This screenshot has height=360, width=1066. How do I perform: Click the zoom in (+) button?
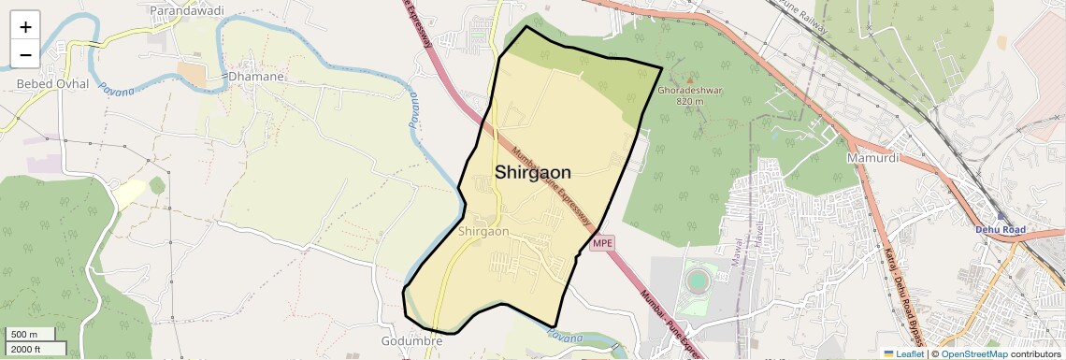pos(25,27)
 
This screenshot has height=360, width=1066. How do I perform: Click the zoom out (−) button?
pos(25,54)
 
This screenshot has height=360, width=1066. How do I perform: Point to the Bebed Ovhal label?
pos(52,84)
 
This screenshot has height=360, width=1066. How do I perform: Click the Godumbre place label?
pos(411,340)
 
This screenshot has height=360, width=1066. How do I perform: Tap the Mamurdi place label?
pos(872,158)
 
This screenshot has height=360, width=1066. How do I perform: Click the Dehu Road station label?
pos(1001,229)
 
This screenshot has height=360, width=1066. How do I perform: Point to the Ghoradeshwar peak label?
pos(690,91)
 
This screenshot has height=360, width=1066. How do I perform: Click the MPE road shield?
pos(602,243)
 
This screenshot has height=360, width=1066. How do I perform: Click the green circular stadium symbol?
pos(697,281)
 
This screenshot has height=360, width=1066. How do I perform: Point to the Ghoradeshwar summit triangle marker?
pos(690,80)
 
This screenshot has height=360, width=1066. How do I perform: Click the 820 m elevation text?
pos(689,101)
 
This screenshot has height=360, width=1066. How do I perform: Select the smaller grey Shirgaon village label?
pos(484,231)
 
